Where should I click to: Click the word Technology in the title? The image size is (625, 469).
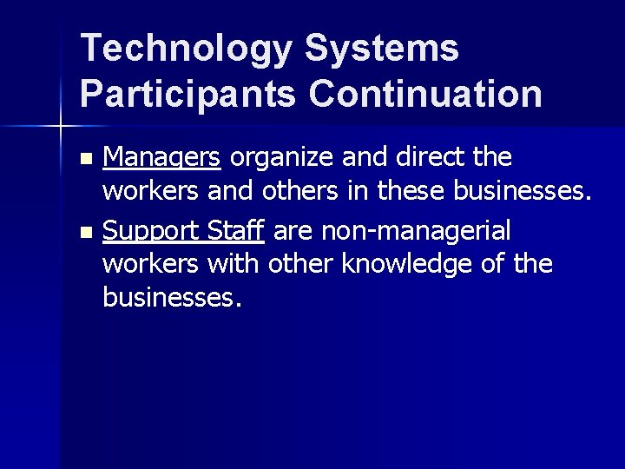click(x=185, y=50)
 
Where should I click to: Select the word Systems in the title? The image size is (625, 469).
click(x=381, y=50)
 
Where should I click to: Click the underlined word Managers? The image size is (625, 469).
click(x=161, y=158)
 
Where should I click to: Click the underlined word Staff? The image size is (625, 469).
click(x=236, y=231)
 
